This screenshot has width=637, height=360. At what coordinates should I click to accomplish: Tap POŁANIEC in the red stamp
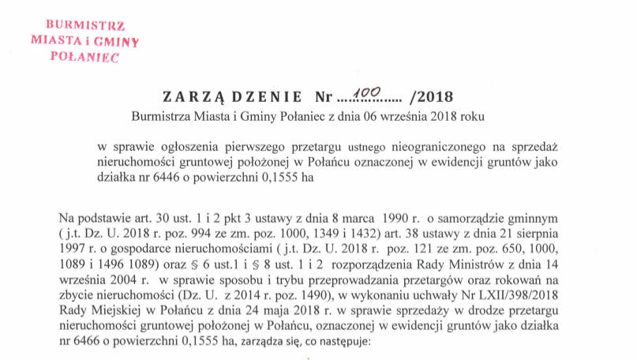83,58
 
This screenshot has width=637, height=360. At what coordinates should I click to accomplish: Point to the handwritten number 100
365,95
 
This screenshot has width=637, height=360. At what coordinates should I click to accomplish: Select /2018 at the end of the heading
433,98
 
